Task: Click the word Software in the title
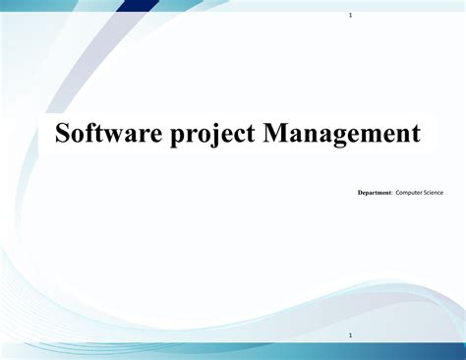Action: coord(104,133)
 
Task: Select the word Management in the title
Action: coord(341,133)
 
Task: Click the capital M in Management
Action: coord(276,133)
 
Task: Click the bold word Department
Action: coord(375,193)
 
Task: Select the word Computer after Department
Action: coord(410,193)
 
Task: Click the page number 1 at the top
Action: coord(351,17)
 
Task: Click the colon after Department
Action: coord(392,193)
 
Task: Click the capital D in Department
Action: coord(360,193)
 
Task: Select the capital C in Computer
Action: coord(398,193)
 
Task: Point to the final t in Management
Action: coord(416,133)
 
